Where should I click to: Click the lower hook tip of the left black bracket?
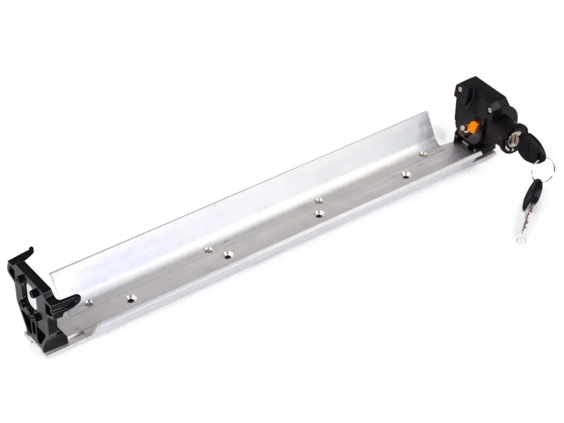(74, 299)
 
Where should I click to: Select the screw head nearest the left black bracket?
(89, 302)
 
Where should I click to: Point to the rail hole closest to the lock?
(423, 154)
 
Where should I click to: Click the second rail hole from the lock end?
(406, 175)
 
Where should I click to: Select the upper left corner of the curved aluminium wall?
(53, 274)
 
